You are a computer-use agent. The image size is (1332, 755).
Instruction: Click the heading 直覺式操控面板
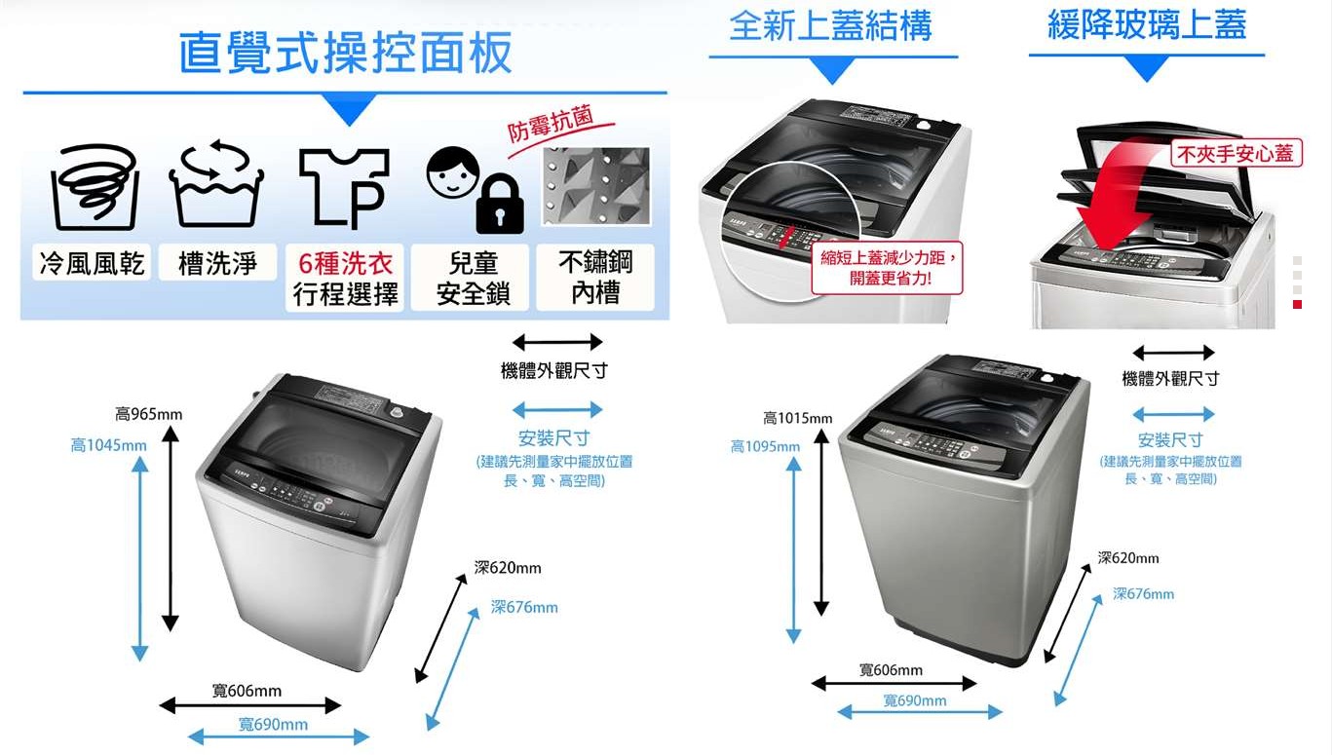click(346, 53)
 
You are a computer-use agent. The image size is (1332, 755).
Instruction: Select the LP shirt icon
click(344, 189)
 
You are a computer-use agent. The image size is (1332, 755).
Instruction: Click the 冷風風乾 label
click(92, 263)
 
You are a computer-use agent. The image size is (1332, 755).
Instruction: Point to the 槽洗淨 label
click(217, 263)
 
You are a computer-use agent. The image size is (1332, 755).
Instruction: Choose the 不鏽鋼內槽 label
click(595, 278)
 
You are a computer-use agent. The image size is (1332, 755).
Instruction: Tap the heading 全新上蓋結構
click(830, 25)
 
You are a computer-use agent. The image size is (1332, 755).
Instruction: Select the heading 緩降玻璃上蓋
click(1147, 25)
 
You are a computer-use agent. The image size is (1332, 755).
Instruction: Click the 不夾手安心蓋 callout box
click(1237, 154)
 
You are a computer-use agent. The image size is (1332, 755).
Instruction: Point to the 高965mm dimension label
click(149, 414)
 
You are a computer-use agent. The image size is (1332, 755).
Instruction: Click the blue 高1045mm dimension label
click(108, 445)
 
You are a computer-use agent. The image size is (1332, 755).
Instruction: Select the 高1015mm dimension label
click(797, 419)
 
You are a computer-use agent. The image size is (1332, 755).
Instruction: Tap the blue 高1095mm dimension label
click(765, 446)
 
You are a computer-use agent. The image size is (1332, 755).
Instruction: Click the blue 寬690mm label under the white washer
click(273, 724)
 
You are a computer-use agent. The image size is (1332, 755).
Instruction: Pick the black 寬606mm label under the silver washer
click(891, 669)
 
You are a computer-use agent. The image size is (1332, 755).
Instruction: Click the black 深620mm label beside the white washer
click(508, 568)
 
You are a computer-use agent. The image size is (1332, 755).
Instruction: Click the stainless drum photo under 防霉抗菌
click(595, 186)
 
